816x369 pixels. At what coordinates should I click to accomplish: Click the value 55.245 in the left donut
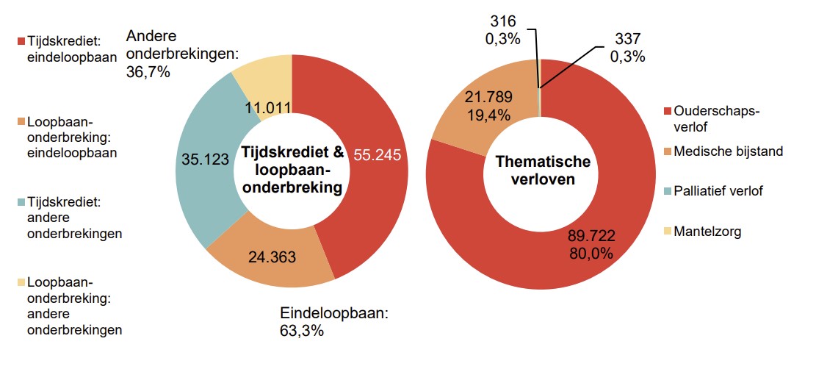(x=380, y=155)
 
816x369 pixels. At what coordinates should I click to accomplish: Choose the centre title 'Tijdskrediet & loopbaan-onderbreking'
(x=293, y=170)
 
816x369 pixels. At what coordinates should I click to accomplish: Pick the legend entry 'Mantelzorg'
(x=707, y=232)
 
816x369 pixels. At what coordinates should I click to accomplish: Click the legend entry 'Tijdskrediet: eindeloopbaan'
(x=70, y=46)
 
